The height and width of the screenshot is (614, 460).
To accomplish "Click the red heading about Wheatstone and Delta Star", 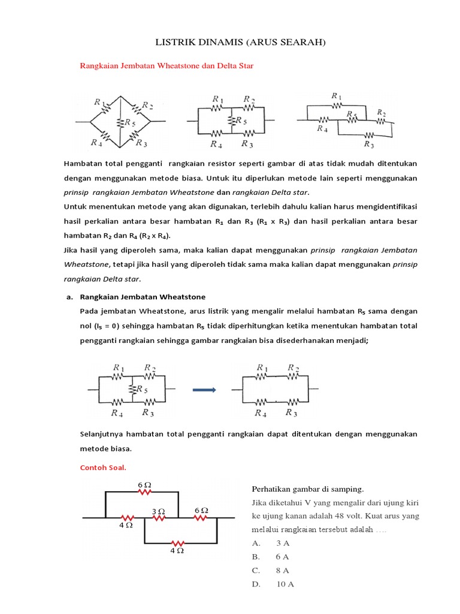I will pos(167,66).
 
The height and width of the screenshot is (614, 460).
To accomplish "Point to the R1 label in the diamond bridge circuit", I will pos(99,103).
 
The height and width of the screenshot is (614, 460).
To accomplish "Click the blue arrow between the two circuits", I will pos(204,390).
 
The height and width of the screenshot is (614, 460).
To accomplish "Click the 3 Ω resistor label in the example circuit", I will pos(158,511).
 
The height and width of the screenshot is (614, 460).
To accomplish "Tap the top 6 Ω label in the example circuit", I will pos(144,484).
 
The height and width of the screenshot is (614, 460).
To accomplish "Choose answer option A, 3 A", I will pos(272,543).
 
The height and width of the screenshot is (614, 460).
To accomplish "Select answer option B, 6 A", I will pos(272,557).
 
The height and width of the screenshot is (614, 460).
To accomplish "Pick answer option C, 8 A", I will pos(272,571).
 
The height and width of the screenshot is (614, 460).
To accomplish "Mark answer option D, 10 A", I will pos(273,585).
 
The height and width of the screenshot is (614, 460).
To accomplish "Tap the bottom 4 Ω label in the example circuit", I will pos(177,550).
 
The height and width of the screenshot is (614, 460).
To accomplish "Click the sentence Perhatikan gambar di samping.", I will pos(304,488).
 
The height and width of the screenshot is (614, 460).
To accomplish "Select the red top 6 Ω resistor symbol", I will pos(144,492).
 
